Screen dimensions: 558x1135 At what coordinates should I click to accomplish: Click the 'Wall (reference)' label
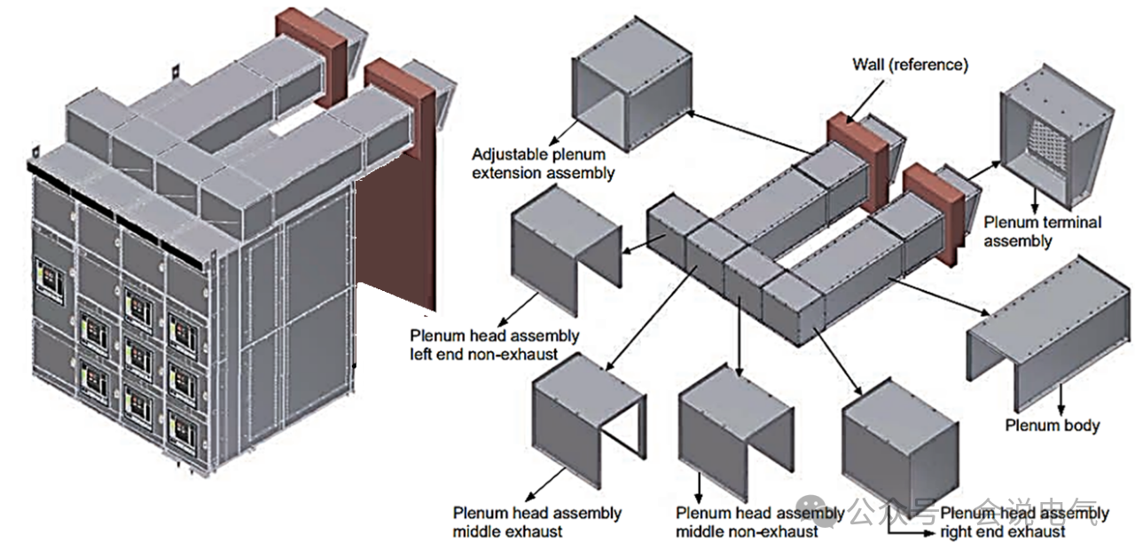(x=910, y=64)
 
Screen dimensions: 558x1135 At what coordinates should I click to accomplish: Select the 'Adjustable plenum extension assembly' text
(x=543, y=164)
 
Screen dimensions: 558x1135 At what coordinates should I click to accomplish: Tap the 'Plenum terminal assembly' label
(x=1042, y=232)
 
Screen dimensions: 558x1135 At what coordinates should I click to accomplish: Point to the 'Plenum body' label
(x=1052, y=425)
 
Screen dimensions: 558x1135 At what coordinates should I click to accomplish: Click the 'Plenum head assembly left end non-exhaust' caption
(x=495, y=345)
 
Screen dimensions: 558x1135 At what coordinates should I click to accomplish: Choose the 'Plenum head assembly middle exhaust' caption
(x=537, y=522)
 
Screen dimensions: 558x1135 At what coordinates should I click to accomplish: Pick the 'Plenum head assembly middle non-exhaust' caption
(x=758, y=522)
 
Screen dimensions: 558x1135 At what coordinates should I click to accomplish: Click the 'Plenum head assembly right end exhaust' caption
(x=1023, y=522)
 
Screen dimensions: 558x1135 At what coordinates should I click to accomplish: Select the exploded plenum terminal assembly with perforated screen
(x=1054, y=138)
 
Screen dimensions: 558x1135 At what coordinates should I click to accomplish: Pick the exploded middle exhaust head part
(x=586, y=412)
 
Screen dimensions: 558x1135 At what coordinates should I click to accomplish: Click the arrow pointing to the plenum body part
(x=941, y=294)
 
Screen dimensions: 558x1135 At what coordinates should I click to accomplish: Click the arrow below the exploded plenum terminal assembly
(x=1034, y=198)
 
